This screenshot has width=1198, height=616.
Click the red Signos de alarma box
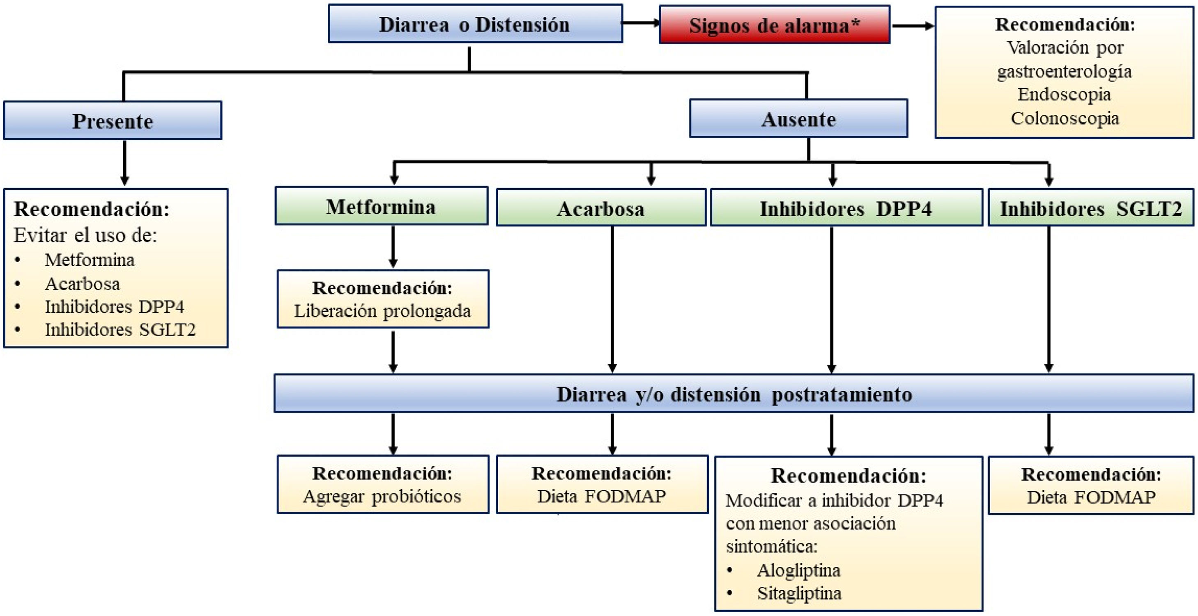[774, 25]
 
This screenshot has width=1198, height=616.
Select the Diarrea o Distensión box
[475, 24]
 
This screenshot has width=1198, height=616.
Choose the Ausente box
[798, 119]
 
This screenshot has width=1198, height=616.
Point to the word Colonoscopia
[1065, 118]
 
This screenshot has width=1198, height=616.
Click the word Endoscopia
[1064, 94]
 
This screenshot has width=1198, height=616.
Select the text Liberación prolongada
[382, 311]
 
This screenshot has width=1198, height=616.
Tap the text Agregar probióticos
[382, 496]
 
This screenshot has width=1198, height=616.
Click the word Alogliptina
[798, 570]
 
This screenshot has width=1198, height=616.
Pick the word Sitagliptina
[799, 593]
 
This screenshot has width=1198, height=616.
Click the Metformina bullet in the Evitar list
[89, 260]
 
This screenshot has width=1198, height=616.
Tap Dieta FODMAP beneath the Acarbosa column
[601, 496]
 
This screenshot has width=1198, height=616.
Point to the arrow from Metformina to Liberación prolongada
[393, 246]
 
